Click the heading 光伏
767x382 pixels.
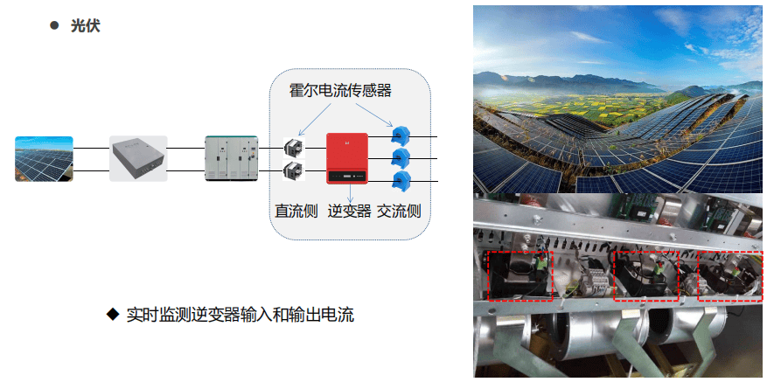pyautogui.click(x=86, y=26)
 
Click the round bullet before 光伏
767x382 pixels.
pyautogui.click(x=53, y=26)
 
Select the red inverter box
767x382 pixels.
pyautogui.click(x=346, y=158)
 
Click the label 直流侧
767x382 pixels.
pyautogui.click(x=296, y=212)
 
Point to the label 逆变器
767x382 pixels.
pyautogui.click(x=349, y=212)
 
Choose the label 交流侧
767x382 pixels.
pyautogui.click(x=400, y=212)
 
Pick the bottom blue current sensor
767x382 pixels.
pyautogui.click(x=401, y=181)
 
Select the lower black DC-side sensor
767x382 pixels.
pyautogui.click(x=295, y=169)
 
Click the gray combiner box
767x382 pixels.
pyautogui.click(x=138, y=158)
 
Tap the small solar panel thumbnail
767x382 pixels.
pyautogui.click(x=44, y=158)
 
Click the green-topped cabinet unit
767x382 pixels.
pyautogui.click(x=230, y=158)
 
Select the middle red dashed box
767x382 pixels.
pyautogui.click(x=645, y=276)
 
